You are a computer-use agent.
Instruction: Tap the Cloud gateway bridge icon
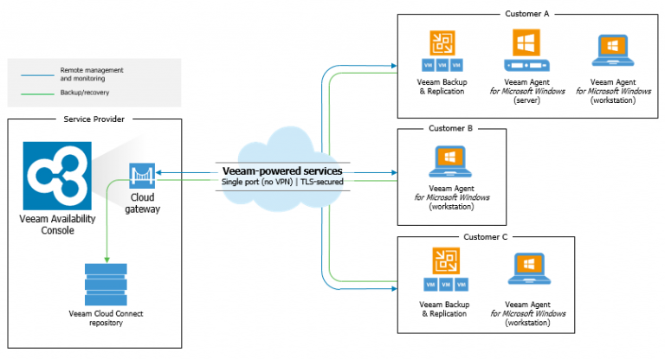(142, 177)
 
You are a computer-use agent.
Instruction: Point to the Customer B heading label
(450, 128)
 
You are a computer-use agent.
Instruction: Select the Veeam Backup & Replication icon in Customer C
(443, 263)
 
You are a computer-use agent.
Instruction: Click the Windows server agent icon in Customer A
(527, 52)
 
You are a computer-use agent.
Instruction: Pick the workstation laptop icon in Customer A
(613, 52)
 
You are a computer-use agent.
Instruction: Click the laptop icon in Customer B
(452, 160)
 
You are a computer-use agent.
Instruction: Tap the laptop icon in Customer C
(529, 269)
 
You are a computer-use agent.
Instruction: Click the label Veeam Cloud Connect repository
(106, 317)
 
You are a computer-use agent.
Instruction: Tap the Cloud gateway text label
(142, 202)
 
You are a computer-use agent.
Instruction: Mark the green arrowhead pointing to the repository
(106, 258)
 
